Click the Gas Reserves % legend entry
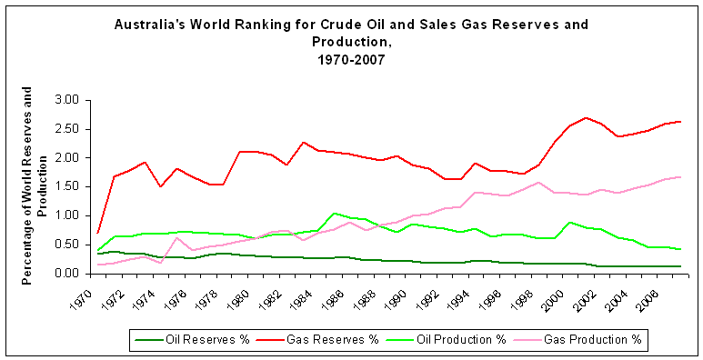click(x=326, y=340)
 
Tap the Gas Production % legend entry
click(x=596, y=340)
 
